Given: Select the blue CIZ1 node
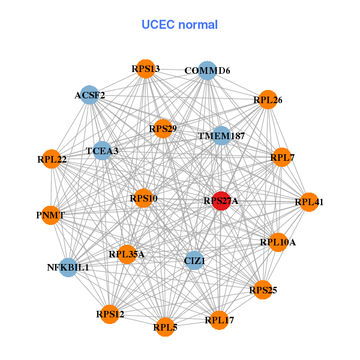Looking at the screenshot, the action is tap(194, 260).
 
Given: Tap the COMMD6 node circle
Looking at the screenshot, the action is tap(207, 70).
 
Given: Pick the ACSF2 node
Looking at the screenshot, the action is tap(89, 95).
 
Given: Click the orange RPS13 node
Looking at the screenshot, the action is tap(145, 68).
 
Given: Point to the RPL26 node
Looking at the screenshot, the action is tap(268, 100).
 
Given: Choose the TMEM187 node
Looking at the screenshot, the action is tap(221, 136).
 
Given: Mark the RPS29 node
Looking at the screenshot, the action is tap(163, 128).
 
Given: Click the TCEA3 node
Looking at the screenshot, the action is tap(102, 151).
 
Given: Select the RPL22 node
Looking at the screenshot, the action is tap(52, 159).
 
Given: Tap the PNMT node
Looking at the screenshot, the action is tap(50, 214).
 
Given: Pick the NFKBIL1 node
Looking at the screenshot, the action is tap(68, 267).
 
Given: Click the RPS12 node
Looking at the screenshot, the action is tap(110, 314).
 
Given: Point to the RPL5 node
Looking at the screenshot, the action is tap(165, 327).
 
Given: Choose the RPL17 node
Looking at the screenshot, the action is tap(219, 320).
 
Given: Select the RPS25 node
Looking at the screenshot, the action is tap(263, 290).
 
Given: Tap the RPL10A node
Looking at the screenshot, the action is tap(278, 242).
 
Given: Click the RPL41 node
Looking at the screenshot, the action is tap(308, 202).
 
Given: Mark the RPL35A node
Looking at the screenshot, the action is tap(127, 254).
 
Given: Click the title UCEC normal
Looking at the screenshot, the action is tap(179, 25).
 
